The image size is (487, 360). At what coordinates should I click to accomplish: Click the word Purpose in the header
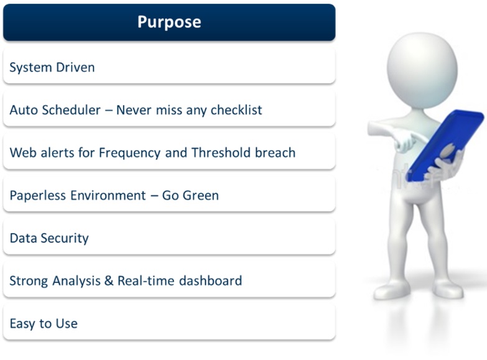(169, 22)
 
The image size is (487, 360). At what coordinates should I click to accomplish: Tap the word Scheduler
(71, 109)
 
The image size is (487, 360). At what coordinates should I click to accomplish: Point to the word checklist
(236, 110)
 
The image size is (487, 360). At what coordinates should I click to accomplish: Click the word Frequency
(130, 153)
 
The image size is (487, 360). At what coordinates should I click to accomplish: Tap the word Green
(201, 195)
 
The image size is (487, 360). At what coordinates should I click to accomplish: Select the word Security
(65, 238)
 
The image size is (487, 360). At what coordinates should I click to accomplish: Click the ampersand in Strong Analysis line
(109, 281)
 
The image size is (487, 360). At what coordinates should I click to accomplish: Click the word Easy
(22, 324)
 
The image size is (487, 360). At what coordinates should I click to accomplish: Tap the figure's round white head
(422, 70)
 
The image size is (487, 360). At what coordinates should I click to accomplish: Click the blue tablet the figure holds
(446, 144)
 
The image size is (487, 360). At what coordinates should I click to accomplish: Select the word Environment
(108, 195)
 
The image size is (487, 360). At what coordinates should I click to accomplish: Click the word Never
(134, 110)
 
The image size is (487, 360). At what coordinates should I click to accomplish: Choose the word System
(30, 67)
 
